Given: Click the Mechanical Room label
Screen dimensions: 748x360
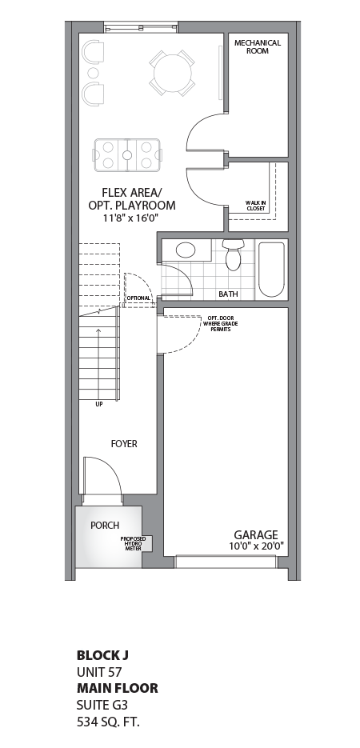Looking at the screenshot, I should (258, 46).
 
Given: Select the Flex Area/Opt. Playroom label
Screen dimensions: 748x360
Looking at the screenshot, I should (132, 198).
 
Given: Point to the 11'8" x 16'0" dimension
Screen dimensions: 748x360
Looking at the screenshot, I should (132, 218).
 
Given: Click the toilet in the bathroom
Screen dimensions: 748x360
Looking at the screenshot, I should (233, 255).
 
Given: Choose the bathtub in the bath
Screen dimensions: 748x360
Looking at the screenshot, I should (271, 270).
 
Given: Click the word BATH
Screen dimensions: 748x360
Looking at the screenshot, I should (228, 294).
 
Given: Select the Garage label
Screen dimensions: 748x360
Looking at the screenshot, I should (255, 534).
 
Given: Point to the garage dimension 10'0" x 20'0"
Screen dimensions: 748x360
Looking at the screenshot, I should (255, 546).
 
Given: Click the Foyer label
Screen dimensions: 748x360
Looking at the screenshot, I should (123, 443).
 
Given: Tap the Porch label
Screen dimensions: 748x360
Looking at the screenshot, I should (105, 526).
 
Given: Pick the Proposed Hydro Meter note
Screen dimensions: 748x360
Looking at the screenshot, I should (131, 544).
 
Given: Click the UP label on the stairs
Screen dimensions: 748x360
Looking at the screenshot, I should (98, 404).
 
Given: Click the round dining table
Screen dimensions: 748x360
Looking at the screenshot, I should (172, 73).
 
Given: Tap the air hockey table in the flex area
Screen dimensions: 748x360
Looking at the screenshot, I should (128, 154).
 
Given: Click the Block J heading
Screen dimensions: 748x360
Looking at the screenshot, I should (102, 654).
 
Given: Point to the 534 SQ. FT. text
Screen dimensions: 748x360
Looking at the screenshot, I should (113, 721).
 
